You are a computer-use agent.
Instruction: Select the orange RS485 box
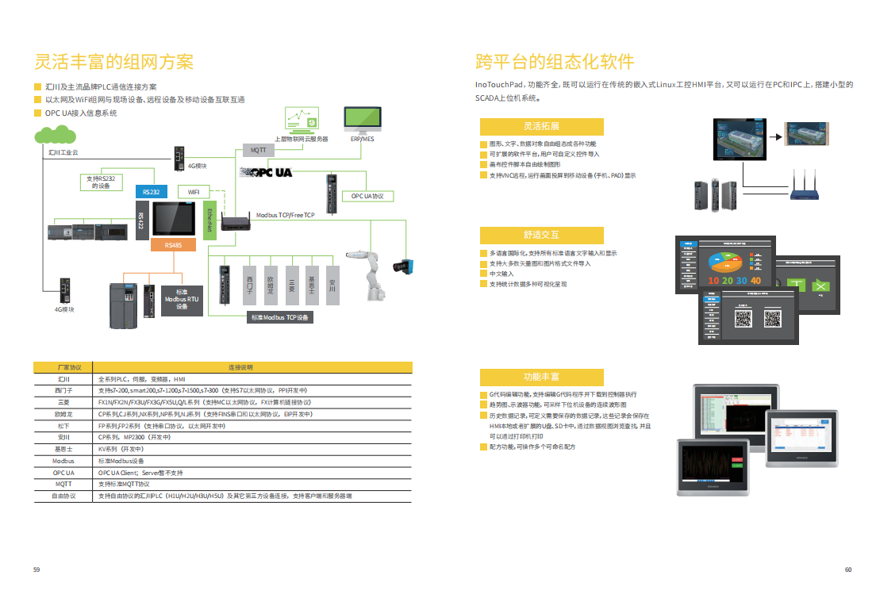[x=173, y=245]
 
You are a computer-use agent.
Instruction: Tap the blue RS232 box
[x=151, y=192]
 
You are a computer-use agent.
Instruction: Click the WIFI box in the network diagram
[x=194, y=192]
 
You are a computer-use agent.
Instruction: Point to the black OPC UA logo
[x=267, y=172]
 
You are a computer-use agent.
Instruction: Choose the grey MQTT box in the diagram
[x=259, y=150]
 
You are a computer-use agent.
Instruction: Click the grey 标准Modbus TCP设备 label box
[x=280, y=317]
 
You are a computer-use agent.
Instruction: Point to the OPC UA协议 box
[x=367, y=196]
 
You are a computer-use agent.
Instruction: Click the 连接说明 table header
[x=240, y=367]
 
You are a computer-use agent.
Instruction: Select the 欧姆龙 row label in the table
[x=63, y=414]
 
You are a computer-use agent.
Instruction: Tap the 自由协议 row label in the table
[x=63, y=496]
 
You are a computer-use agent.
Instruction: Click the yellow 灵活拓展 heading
[x=541, y=126]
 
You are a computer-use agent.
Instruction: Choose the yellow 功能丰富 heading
[x=541, y=376]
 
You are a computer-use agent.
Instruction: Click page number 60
[x=847, y=569]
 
